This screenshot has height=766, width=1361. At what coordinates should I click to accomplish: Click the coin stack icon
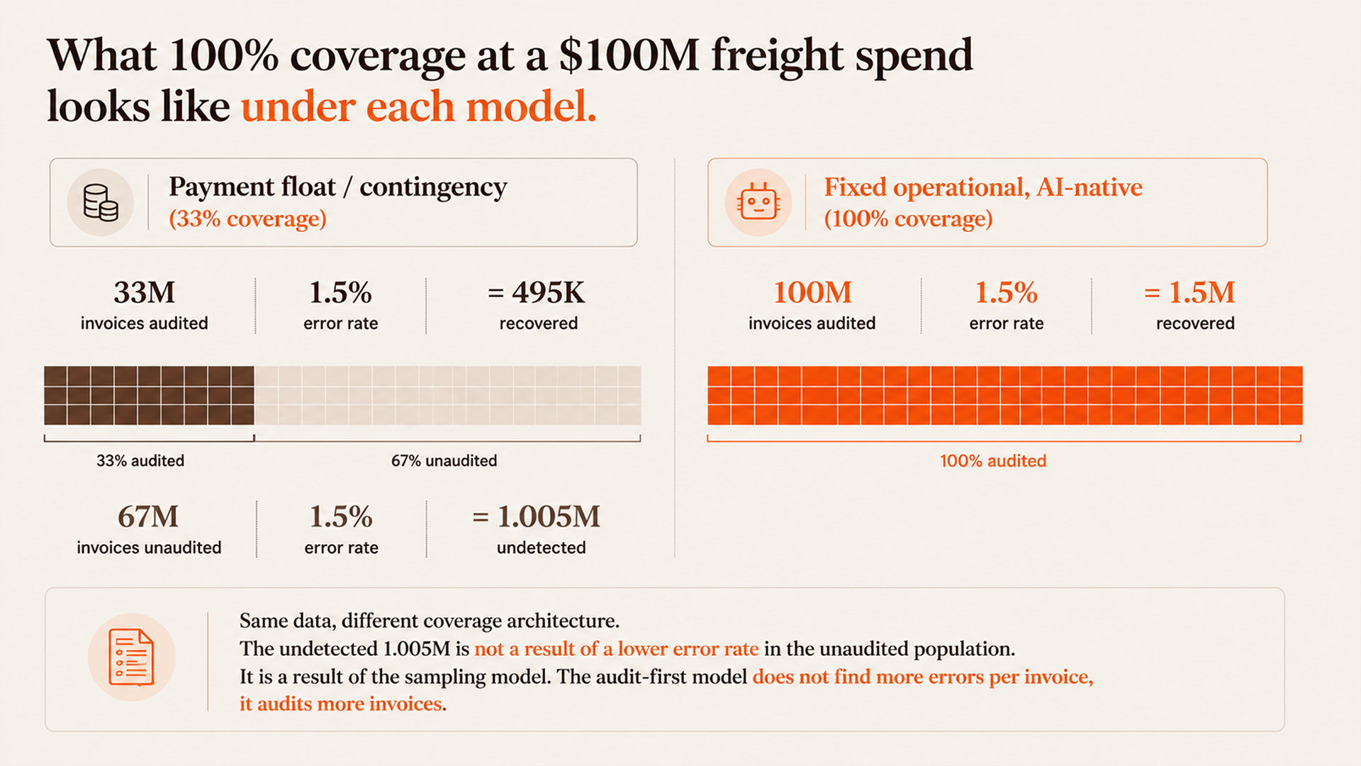[x=101, y=203]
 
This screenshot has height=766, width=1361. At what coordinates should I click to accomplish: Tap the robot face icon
[x=758, y=202]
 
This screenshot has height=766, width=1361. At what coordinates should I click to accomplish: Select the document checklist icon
[x=132, y=657]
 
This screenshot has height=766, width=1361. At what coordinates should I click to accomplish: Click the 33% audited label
[x=140, y=461]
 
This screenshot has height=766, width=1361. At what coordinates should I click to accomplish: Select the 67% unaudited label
[x=444, y=461]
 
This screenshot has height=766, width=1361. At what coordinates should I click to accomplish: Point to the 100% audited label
[x=993, y=461]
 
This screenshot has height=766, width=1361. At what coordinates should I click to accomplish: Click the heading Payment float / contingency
[x=338, y=187]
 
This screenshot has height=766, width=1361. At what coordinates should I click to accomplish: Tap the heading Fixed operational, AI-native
[x=983, y=187]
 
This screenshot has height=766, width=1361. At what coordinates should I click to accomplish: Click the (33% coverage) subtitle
[x=247, y=218]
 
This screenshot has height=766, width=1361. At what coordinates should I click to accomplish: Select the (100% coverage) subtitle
[x=908, y=218]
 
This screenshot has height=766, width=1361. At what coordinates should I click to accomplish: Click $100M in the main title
[x=629, y=55]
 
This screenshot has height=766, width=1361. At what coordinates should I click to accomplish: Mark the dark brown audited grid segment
[x=149, y=395]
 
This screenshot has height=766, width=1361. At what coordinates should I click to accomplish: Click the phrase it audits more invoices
[x=343, y=704]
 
